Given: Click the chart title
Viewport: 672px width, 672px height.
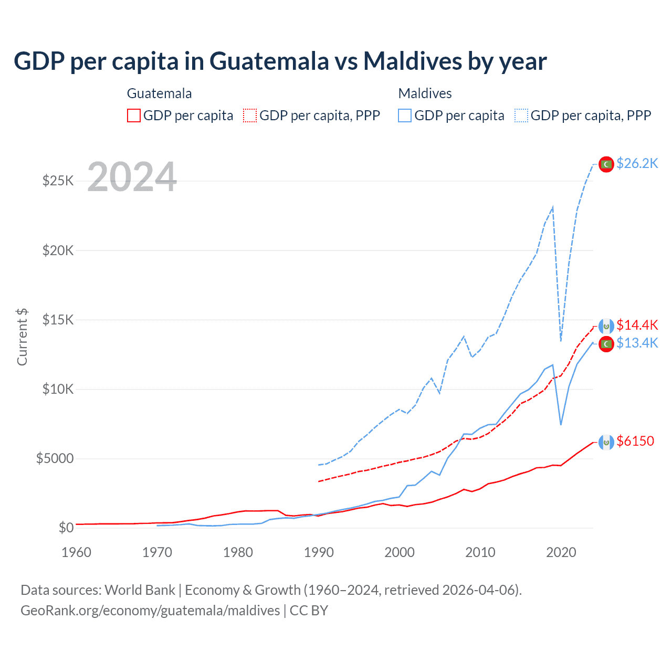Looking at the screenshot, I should pyautogui.click(x=280, y=61).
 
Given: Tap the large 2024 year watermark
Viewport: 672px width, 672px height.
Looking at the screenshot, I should pyautogui.click(x=132, y=177).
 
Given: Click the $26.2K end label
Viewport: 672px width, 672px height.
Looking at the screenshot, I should pyautogui.click(x=637, y=164).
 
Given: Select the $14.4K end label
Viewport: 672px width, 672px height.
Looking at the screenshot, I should pyautogui.click(x=637, y=325).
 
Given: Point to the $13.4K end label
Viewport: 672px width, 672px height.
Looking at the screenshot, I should pyautogui.click(x=637, y=343).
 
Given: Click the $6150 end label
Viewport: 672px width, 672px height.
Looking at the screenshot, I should pyautogui.click(x=635, y=442).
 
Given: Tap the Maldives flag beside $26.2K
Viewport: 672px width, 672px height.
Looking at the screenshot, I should pyautogui.click(x=606, y=164).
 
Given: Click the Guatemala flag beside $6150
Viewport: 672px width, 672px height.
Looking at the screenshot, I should pyautogui.click(x=606, y=443).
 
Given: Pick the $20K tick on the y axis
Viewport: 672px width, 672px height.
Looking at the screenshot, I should pyautogui.click(x=58, y=250).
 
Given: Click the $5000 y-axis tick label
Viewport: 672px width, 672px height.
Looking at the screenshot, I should pyautogui.click(x=55, y=459).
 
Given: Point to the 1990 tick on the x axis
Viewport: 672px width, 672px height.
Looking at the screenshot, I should pyautogui.click(x=319, y=552).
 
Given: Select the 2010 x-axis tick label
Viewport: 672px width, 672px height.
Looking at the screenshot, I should pyautogui.click(x=480, y=552).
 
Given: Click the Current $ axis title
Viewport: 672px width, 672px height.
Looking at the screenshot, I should pyautogui.click(x=22, y=337).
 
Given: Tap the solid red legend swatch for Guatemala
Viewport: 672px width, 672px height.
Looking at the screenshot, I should pyautogui.click(x=134, y=115).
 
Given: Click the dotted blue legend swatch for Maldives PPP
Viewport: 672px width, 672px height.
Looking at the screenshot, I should pyautogui.click(x=521, y=115).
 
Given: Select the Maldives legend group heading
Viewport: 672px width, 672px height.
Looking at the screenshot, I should pyautogui.click(x=425, y=93).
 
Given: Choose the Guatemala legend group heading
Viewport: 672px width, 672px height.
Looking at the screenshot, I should pyautogui.click(x=159, y=93).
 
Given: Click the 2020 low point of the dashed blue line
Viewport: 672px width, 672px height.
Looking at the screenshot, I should pyautogui.click(x=561, y=341).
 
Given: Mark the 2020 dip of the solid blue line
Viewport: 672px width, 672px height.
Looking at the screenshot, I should pyautogui.click(x=561, y=424).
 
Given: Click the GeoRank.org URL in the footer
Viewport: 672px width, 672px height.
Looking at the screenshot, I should pyautogui.click(x=150, y=611).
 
